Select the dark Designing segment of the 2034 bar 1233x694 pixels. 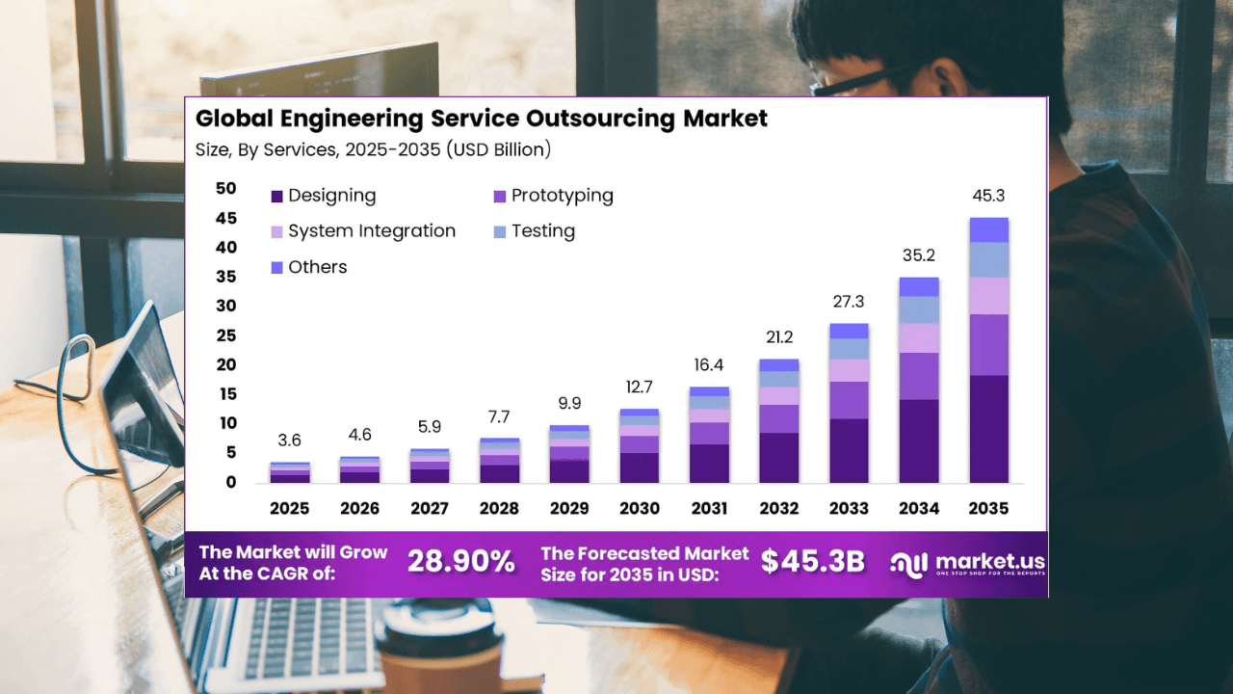[919, 440]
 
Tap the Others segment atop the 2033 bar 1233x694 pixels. [849, 331]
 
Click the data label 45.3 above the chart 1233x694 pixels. [988, 196]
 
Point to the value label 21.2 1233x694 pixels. [779, 337]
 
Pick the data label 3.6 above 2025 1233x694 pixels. [289, 440]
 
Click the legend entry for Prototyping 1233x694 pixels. [562, 196]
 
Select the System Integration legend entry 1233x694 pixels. [371, 231]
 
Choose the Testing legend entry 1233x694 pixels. [542, 231]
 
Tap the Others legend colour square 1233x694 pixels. [277, 267]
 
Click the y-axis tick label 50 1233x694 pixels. [225, 189]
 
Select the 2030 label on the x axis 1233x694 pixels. [639, 508]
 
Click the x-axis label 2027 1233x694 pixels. [430, 508]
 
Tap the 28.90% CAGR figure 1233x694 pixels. [460, 562]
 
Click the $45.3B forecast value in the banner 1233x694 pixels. [812, 562]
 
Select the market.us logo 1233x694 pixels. [967, 564]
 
